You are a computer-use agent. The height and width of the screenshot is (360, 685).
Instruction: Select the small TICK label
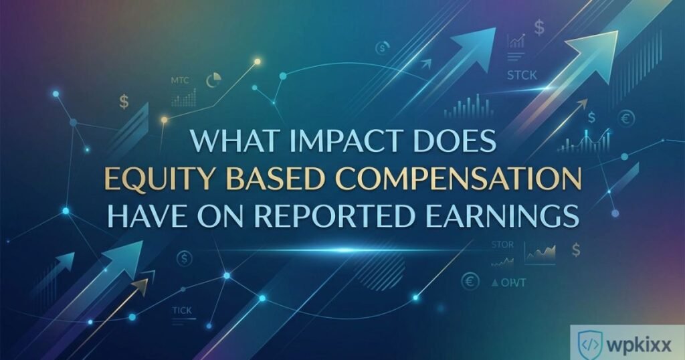181,310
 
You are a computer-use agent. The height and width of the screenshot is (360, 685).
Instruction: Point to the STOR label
502,245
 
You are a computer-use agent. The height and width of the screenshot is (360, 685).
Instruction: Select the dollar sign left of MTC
124,102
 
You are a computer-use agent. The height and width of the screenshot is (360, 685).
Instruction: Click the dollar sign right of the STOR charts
576,249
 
